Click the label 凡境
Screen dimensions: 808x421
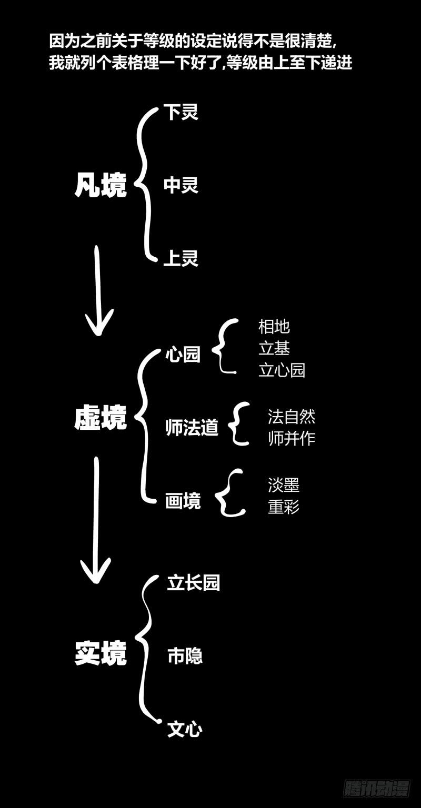(x=101, y=185)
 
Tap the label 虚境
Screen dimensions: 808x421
(x=101, y=419)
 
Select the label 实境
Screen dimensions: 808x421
(x=101, y=653)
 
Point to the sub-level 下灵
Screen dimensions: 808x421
(x=181, y=112)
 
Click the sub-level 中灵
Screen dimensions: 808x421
(x=181, y=185)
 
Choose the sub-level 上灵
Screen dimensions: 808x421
(x=181, y=258)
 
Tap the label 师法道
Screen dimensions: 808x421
(x=192, y=427)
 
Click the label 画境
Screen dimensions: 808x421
(x=183, y=501)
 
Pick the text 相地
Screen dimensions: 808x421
(x=274, y=327)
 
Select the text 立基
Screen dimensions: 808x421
(x=274, y=348)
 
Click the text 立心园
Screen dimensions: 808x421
(x=282, y=370)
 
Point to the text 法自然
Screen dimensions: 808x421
(x=291, y=417)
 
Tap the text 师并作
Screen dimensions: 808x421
(x=291, y=438)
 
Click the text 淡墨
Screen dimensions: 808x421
(x=284, y=485)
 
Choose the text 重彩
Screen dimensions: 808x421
(x=284, y=507)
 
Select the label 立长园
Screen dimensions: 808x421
(x=193, y=583)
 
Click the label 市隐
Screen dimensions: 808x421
(x=185, y=656)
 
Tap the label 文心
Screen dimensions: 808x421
(x=185, y=729)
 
